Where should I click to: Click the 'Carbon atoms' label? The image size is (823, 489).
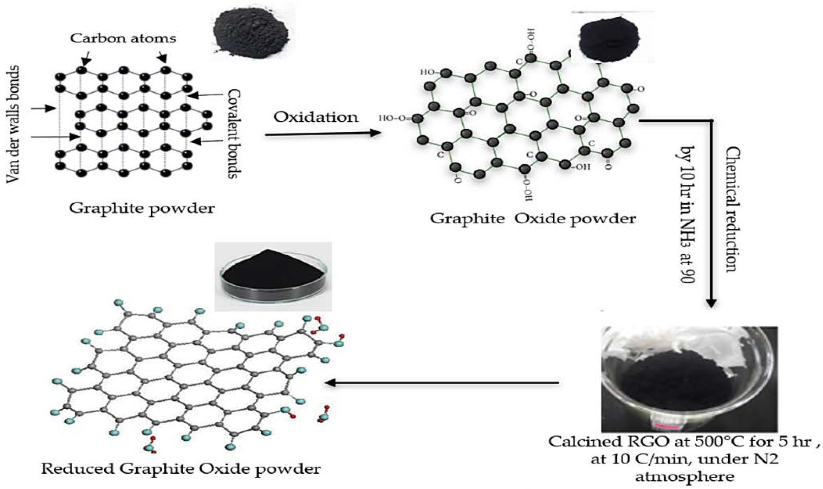click(123, 39)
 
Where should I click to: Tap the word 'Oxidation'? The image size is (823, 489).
click(316, 117)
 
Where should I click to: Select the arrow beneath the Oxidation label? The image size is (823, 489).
click(323, 134)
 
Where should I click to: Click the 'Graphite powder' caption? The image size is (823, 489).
click(142, 208)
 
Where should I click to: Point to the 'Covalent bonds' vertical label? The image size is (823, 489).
click(234, 133)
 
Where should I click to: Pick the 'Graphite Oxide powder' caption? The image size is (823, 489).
click(533, 219)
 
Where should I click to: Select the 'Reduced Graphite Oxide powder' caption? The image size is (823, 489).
click(180, 468)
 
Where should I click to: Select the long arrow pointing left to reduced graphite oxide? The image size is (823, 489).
click(442, 383)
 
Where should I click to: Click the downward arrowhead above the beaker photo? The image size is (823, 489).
click(711, 303)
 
